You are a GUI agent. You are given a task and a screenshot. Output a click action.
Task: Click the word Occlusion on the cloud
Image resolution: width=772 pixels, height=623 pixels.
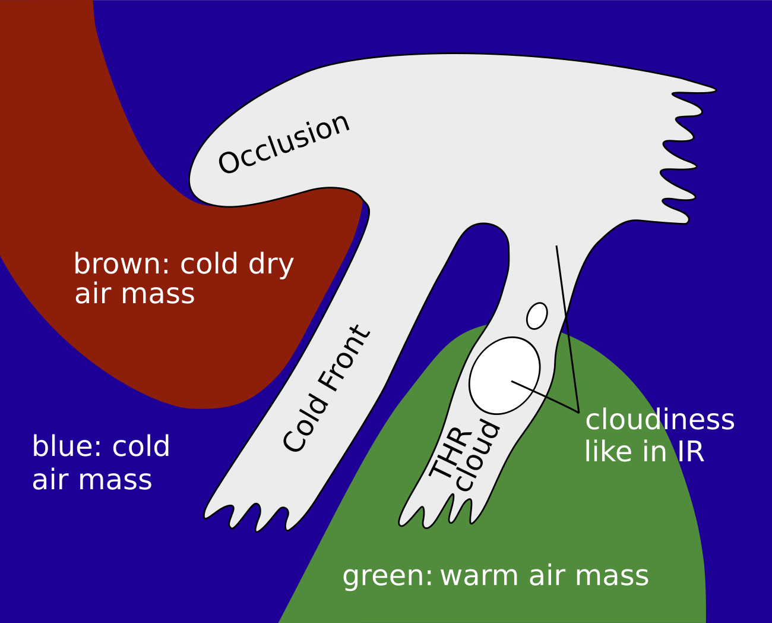pos(284,144)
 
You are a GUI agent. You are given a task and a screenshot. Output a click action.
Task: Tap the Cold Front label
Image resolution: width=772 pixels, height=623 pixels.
pos(327,388)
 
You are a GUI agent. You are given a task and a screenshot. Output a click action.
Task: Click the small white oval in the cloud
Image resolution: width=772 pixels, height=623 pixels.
pos(537,316)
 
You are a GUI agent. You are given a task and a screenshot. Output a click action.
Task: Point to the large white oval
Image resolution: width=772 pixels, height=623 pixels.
pos(505,376)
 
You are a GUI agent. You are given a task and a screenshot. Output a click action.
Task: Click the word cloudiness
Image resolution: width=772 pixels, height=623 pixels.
pos(660,420)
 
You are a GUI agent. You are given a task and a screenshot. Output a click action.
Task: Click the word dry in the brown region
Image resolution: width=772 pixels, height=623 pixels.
pos(271,265)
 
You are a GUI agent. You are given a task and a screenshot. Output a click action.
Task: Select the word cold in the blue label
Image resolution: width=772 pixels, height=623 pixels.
pos(141,446)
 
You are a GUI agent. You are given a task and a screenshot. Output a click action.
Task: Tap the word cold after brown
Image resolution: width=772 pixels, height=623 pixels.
pos(209,264)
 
